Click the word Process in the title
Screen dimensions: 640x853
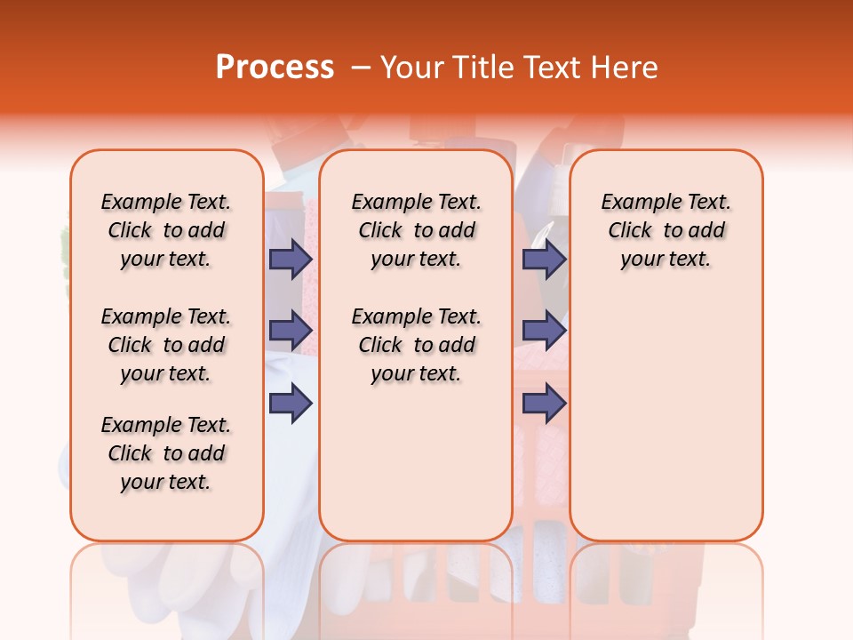[x=275, y=68]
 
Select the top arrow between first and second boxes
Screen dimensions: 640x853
[x=291, y=259]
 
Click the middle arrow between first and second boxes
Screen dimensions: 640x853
[x=291, y=331]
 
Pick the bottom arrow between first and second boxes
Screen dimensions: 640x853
[x=291, y=403]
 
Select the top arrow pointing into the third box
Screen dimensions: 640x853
[x=544, y=259]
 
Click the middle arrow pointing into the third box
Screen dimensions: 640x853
[x=544, y=331]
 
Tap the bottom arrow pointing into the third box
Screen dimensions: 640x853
[x=544, y=403]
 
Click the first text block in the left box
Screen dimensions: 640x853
[x=166, y=230]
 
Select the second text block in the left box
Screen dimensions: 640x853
[x=166, y=345]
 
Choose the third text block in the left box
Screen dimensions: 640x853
[x=166, y=453]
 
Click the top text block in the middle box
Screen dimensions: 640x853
[x=416, y=230]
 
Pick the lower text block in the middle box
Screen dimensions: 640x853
[x=416, y=345]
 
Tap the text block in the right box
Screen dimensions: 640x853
[x=666, y=230]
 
